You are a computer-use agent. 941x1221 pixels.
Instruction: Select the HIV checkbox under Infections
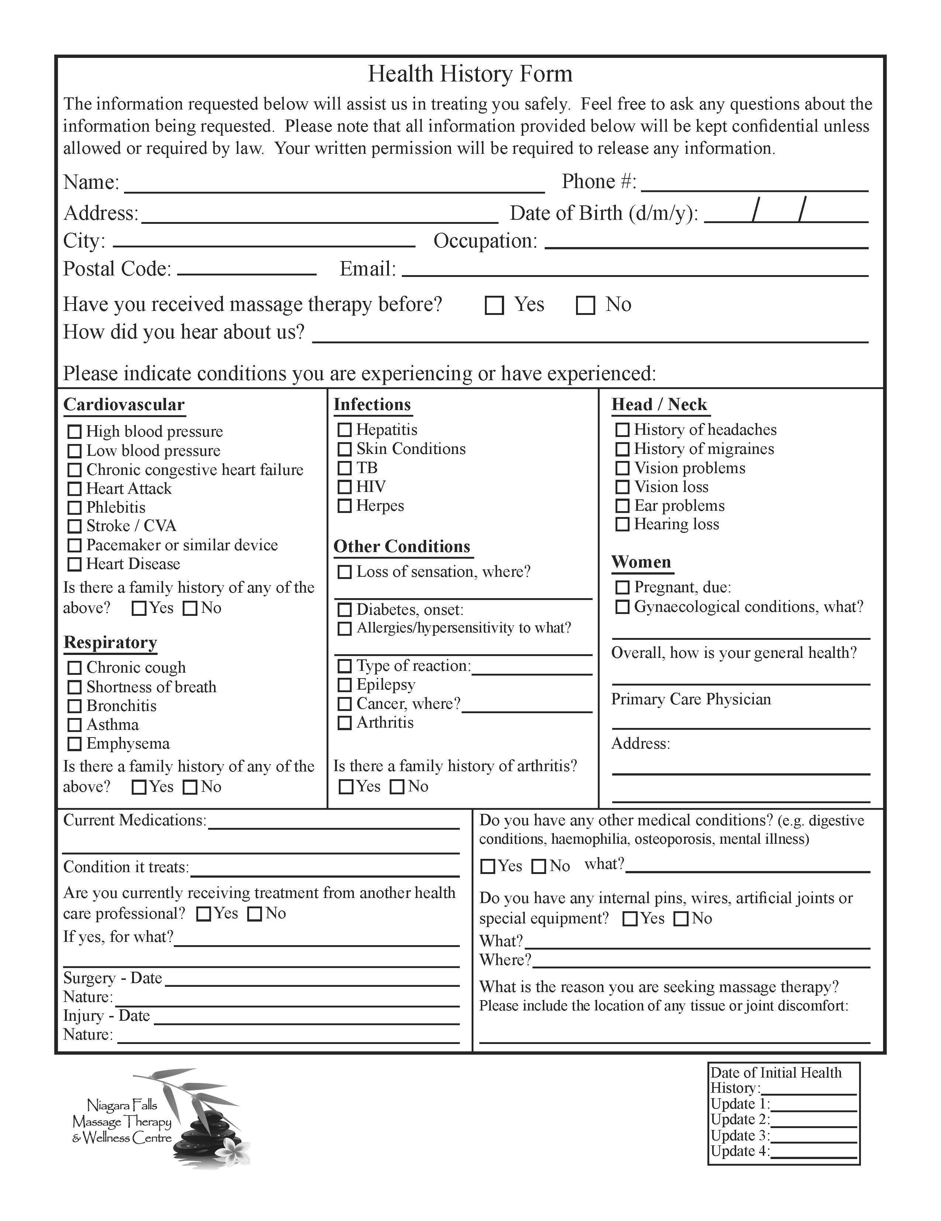tap(345, 487)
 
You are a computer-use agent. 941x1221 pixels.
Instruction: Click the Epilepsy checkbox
tap(345, 685)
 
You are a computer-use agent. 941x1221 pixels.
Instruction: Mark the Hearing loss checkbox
tap(622, 524)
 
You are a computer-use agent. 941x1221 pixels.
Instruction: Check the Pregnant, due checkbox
tap(622, 587)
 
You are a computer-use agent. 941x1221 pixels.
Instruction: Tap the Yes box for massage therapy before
tap(494, 306)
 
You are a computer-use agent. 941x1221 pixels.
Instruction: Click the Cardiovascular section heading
tap(124, 405)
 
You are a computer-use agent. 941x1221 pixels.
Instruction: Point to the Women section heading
tap(641, 562)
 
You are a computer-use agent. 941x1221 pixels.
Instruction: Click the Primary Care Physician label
tap(690, 700)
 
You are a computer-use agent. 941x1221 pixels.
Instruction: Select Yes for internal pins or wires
tap(630, 919)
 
